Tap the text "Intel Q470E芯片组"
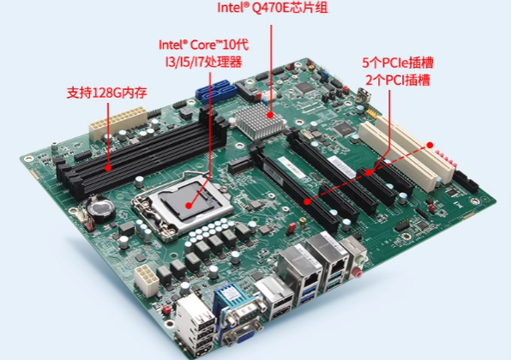click(274, 9)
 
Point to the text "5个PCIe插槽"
click(396, 63)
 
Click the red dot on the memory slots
click(108, 168)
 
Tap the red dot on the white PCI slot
click(433, 147)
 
